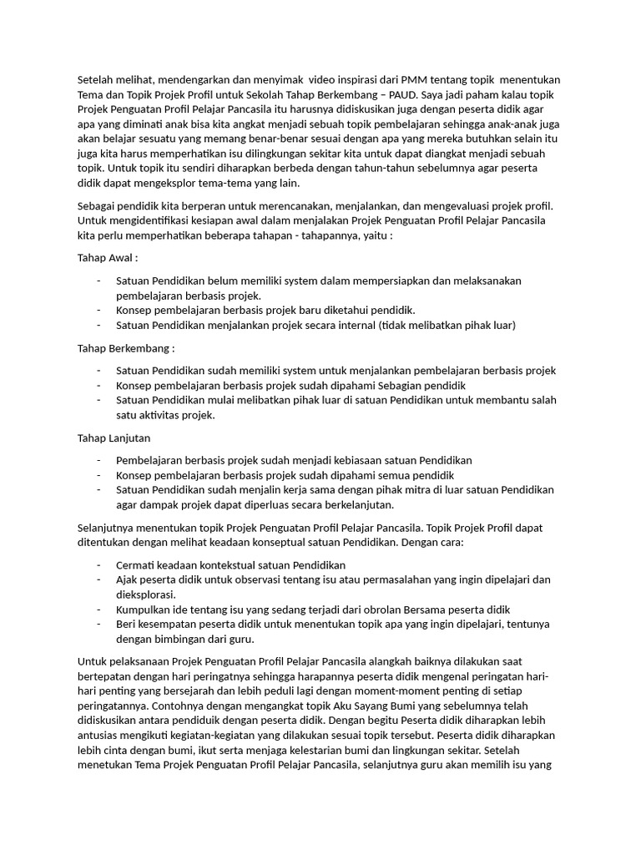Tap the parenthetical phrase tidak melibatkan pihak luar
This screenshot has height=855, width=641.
[x=447, y=325]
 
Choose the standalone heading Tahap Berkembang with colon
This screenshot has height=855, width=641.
[x=126, y=347]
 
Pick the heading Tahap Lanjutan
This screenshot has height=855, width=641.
[x=114, y=438]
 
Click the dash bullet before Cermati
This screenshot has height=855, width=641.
[x=98, y=564]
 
